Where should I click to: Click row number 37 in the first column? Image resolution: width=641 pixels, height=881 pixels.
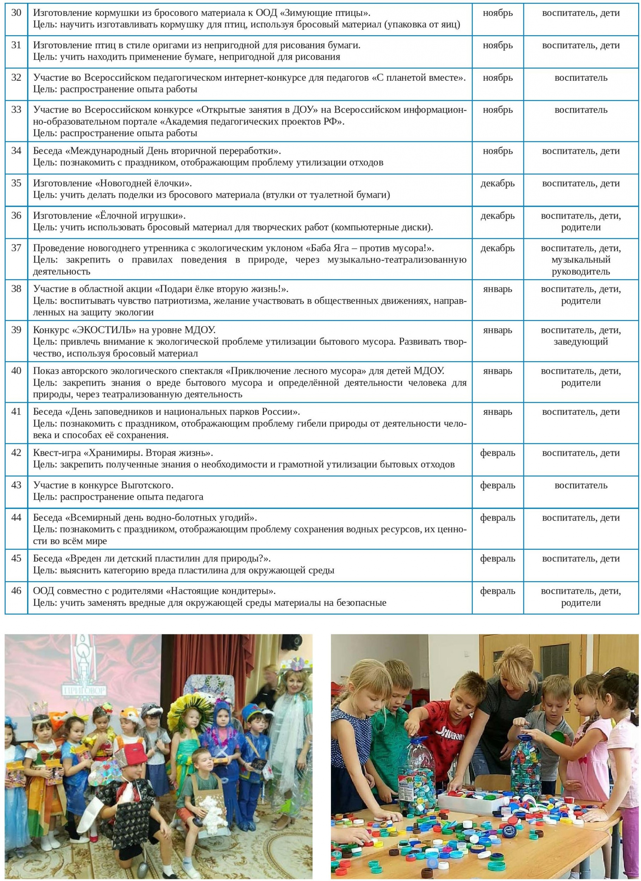[x=16, y=248]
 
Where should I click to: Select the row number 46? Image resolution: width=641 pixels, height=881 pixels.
[x=16, y=591]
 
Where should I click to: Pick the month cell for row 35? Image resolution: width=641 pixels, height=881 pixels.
[x=497, y=183]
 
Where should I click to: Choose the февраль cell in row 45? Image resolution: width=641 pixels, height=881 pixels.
[x=497, y=559]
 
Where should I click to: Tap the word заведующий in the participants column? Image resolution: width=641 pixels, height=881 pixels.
[x=580, y=342]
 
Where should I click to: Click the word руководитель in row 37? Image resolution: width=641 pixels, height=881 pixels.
[x=580, y=272]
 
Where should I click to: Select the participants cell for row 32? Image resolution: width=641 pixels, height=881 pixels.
[x=580, y=78]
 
